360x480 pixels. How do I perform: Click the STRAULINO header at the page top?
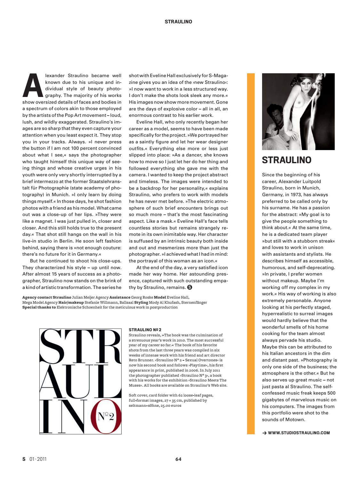tap(178, 22)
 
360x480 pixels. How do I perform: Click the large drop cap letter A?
tap(32, 85)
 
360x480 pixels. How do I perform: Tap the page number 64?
tap(179, 459)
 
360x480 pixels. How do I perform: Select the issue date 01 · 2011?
tap(38, 459)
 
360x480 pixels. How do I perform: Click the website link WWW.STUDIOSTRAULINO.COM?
tap(299, 433)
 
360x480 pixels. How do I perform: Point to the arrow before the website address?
tap(264, 433)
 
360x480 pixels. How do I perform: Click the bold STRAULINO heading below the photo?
tap(286, 160)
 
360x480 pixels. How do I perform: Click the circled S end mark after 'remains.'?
tap(189, 287)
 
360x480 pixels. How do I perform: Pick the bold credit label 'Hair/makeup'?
tap(71, 302)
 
